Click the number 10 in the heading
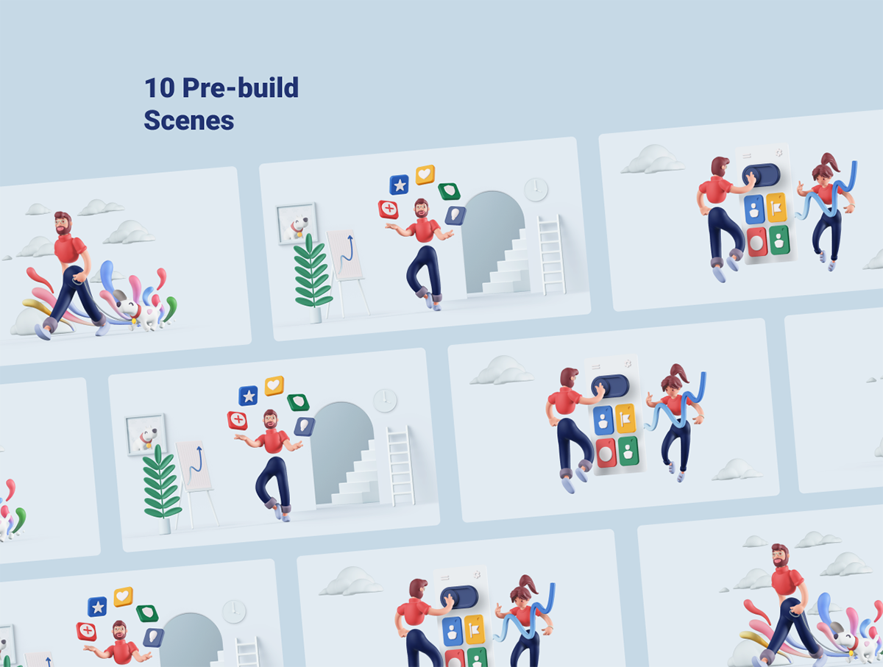click(160, 88)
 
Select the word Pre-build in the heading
click(241, 88)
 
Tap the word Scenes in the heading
click(188, 120)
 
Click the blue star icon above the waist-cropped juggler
click(97, 607)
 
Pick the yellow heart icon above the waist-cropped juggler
click(123, 596)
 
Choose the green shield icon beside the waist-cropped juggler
click(147, 613)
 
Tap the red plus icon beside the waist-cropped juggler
click(87, 632)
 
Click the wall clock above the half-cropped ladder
click(234, 612)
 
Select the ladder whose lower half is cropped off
click(247, 652)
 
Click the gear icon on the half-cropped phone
click(477, 575)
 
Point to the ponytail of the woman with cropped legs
click(528, 584)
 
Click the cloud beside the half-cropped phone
click(351, 582)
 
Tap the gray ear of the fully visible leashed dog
click(119, 296)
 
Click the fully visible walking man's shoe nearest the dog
click(102, 329)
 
